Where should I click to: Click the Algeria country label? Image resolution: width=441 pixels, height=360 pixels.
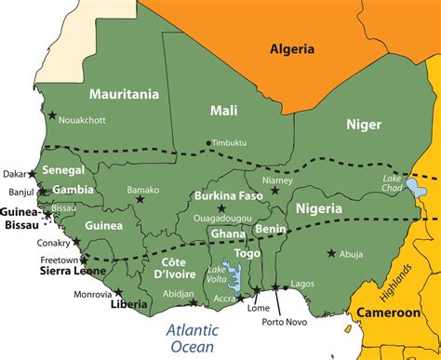(291, 48)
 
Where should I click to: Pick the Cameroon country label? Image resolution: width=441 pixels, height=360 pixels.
(391, 313)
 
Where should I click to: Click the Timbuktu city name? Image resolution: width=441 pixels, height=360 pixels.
(230, 143)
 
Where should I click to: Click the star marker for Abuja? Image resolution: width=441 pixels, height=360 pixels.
(331, 253)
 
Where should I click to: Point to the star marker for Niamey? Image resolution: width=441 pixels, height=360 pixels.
(274, 191)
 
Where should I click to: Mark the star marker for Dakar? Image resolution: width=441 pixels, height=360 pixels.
(33, 173)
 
